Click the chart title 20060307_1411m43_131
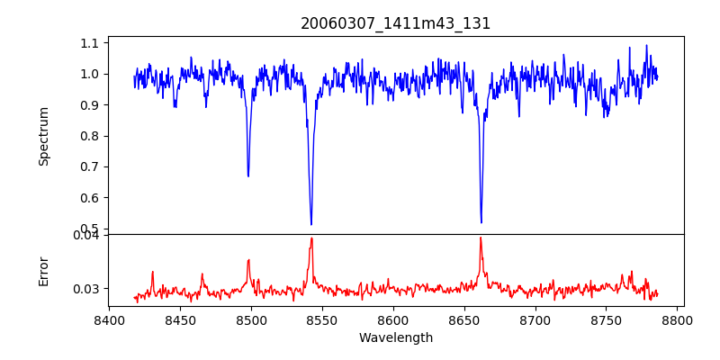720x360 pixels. pyautogui.click(x=396, y=23)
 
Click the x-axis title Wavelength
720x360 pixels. pyautogui.click(x=396, y=338)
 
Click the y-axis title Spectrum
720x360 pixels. pyautogui.click(x=44, y=136)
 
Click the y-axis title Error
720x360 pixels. pyautogui.click(x=44, y=271)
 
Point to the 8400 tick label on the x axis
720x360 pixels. pyautogui.click(x=109, y=320)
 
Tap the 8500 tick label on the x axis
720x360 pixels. pyautogui.click(x=251, y=320)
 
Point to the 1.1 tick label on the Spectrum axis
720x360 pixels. pyautogui.click(x=90, y=43)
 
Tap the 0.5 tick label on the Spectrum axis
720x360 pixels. pyautogui.click(x=90, y=229)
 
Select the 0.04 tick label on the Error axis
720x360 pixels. pyautogui.click(x=86, y=236)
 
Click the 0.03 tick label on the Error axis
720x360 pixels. pyautogui.click(x=86, y=289)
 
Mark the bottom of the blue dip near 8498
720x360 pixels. pyautogui.click(x=248, y=175)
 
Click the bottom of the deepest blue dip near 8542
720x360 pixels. pyautogui.click(x=311, y=224)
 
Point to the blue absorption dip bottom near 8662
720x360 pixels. pyautogui.click(x=481, y=222)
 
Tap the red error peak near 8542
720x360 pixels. pyautogui.click(x=311, y=238)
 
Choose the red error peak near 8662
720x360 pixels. pyautogui.click(x=481, y=238)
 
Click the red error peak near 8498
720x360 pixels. pyautogui.click(x=248, y=260)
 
